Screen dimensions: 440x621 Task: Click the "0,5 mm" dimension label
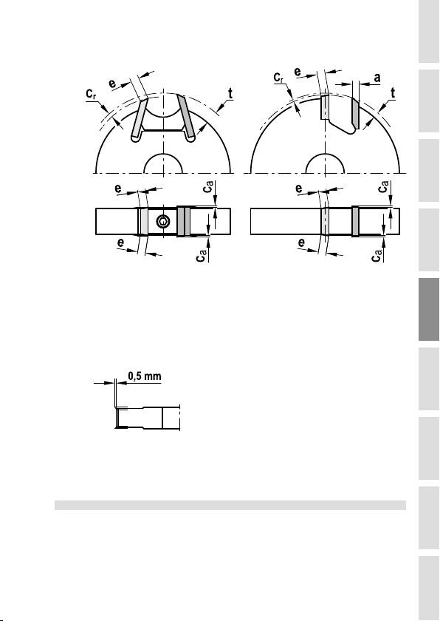click(x=145, y=376)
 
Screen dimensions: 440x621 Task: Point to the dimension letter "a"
click(x=377, y=78)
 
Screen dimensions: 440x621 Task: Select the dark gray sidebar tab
click(x=428, y=309)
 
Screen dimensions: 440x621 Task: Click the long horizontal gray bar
click(x=230, y=506)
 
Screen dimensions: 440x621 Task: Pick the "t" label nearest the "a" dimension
click(x=393, y=93)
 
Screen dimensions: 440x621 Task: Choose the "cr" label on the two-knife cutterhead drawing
click(x=92, y=95)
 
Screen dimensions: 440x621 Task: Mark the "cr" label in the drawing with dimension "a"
click(x=279, y=78)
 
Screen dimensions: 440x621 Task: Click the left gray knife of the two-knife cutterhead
click(x=139, y=119)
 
